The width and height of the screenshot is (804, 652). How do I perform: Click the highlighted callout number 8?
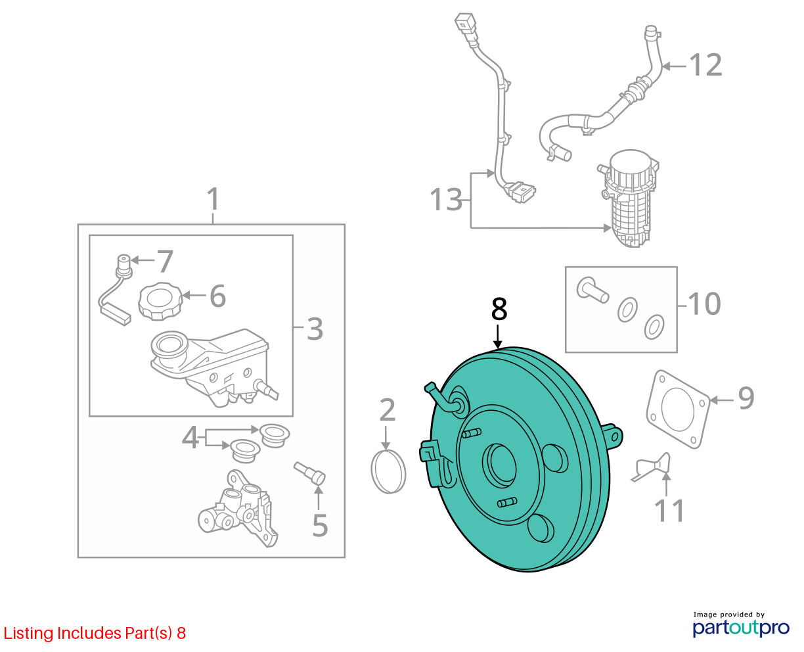(499, 309)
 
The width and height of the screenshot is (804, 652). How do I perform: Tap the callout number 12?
(705, 65)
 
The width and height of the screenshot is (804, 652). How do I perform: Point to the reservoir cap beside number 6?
(160, 301)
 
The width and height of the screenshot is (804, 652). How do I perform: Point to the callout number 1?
(213, 198)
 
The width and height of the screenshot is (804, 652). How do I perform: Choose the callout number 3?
(315, 329)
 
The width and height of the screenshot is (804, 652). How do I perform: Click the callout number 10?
(704, 304)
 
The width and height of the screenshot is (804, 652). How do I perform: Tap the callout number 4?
(190, 437)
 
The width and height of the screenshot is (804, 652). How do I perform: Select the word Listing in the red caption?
(29, 634)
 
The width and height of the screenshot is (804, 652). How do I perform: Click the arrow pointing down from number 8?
(498, 337)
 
